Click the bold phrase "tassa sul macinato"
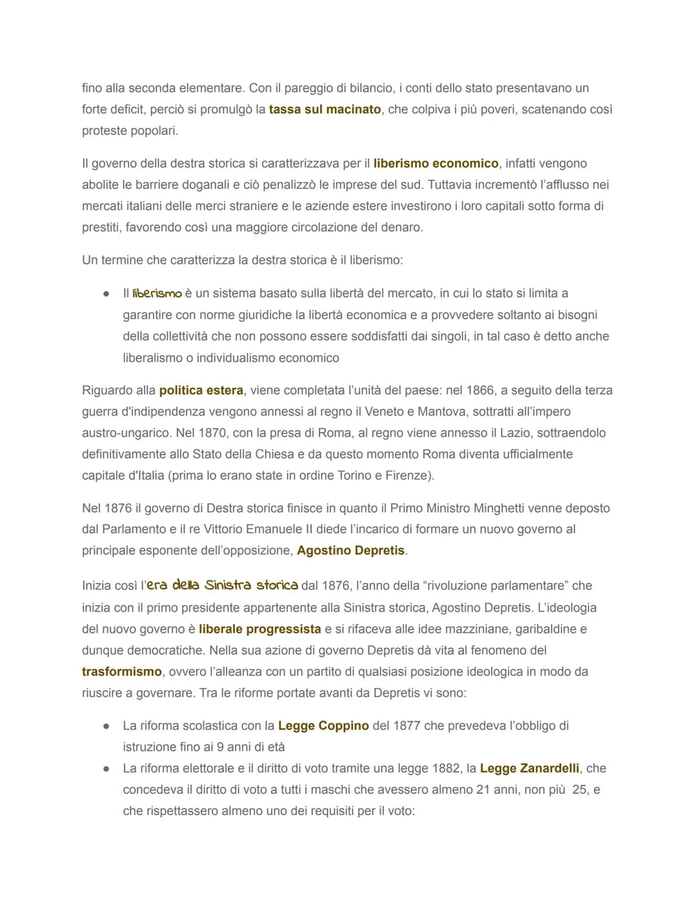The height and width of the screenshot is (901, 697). (x=325, y=110)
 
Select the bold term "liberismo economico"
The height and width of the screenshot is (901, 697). (x=436, y=164)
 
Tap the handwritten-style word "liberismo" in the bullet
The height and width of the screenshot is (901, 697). (x=157, y=294)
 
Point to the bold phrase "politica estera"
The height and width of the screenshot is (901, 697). (x=201, y=391)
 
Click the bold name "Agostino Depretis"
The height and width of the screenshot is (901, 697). (x=351, y=551)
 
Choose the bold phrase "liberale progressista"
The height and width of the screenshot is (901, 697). (x=259, y=629)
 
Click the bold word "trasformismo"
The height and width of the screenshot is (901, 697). (x=121, y=671)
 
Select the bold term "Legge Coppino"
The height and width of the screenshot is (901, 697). (x=323, y=726)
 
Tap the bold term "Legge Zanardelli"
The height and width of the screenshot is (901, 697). (x=529, y=768)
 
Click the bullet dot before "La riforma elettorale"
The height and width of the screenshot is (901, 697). (x=106, y=769)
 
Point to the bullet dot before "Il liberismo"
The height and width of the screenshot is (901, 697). (x=106, y=294)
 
